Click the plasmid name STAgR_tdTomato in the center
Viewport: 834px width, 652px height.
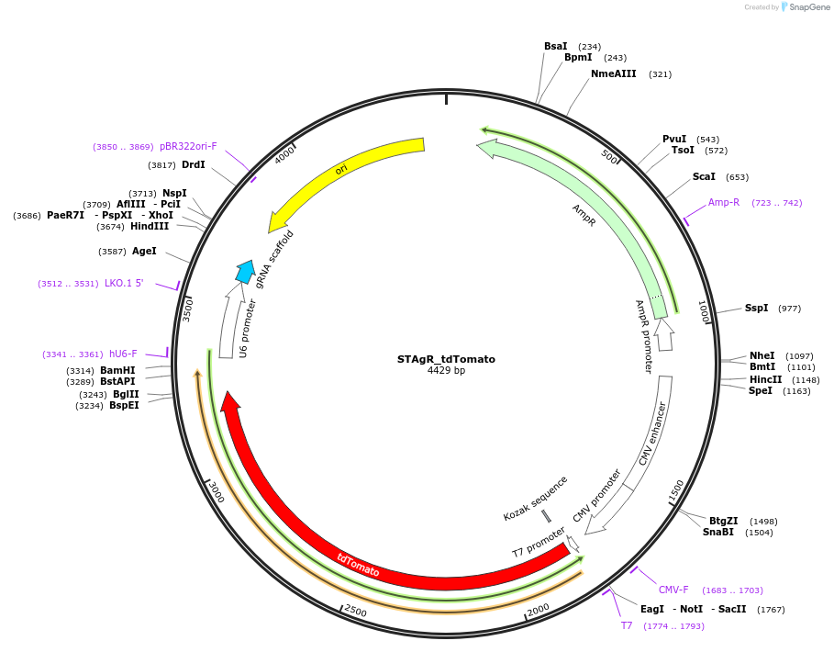pyautogui.click(x=446, y=359)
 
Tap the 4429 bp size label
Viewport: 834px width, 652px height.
pyautogui.click(x=446, y=371)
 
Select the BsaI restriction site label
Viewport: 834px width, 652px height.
pyautogui.click(x=555, y=46)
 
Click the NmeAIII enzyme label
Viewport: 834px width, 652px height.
pyautogui.click(x=613, y=73)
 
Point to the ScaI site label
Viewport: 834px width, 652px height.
pyautogui.click(x=704, y=176)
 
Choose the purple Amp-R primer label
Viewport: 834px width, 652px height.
pyautogui.click(x=723, y=202)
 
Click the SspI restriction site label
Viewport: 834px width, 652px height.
pyautogui.click(x=756, y=309)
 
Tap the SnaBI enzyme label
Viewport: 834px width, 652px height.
pyautogui.click(x=718, y=532)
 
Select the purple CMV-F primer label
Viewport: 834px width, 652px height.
pyautogui.click(x=673, y=590)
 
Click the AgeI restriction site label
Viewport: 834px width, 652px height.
pyautogui.click(x=144, y=251)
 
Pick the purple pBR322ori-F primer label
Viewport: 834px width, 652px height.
pyautogui.click(x=188, y=146)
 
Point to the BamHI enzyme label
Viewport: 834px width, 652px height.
pyautogui.click(x=117, y=370)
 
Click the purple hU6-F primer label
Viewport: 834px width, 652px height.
pyautogui.click(x=123, y=354)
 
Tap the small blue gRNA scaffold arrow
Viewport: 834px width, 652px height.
pyautogui.click(x=245, y=271)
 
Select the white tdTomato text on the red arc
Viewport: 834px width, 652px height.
pyautogui.click(x=357, y=565)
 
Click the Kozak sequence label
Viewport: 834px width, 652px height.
pyautogui.click(x=535, y=499)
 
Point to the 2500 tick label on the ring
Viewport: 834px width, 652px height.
pyautogui.click(x=355, y=612)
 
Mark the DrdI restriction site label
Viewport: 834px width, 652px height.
pyautogui.click(x=194, y=164)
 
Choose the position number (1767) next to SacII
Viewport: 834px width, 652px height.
pyautogui.click(x=772, y=609)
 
